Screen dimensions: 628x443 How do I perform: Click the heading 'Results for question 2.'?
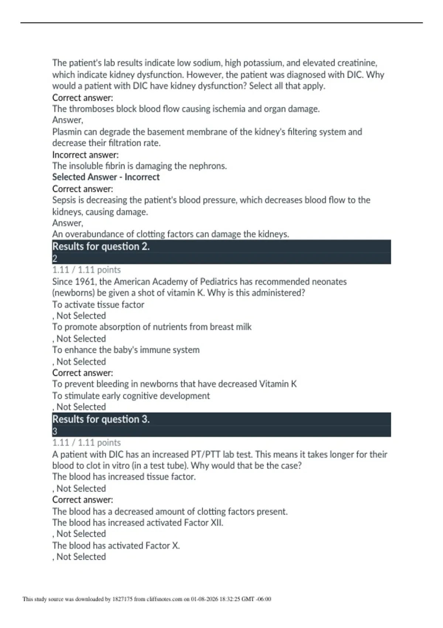(x=101, y=246)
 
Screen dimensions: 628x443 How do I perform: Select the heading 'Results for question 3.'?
(x=101, y=419)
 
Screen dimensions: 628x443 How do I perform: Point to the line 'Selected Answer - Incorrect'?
(x=106, y=177)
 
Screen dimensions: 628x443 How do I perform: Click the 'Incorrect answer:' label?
(x=85, y=155)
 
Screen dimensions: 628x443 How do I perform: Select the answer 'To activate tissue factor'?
(x=98, y=305)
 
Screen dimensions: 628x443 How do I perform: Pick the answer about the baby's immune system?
(x=126, y=350)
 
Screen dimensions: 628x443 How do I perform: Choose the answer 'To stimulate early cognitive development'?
(x=131, y=396)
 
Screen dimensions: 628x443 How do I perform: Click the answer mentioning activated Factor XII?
(x=138, y=523)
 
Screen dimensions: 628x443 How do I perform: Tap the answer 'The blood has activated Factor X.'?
(x=116, y=546)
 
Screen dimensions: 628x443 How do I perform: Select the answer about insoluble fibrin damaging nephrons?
(x=140, y=166)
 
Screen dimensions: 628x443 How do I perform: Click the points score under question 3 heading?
(x=86, y=443)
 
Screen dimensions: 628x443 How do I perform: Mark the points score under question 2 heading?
(x=86, y=270)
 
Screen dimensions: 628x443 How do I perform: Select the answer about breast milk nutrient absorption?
(x=152, y=327)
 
